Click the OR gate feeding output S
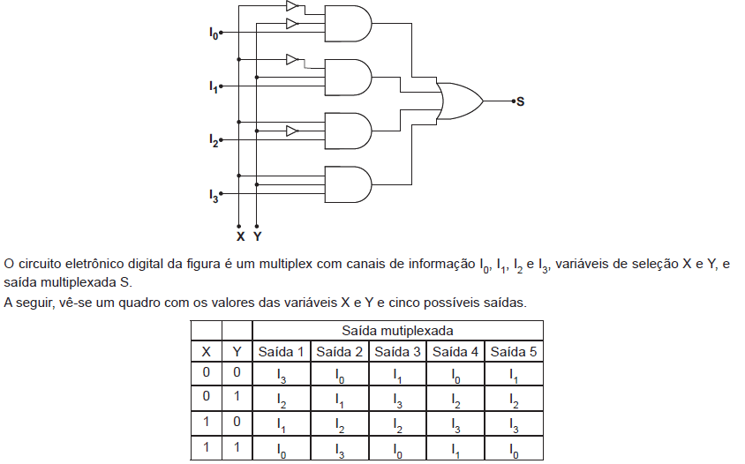[x=460, y=101]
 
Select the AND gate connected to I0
[x=348, y=24]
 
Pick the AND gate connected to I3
[x=348, y=184]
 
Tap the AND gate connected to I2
[x=348, y=131]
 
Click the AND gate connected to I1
[x=348, y=78]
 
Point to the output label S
[x=520, y=101]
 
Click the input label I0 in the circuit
[x=214, y=34]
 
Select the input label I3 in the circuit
[x=214, y=195]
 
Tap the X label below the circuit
[x=240, y=236]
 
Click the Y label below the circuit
[x=257, y=236]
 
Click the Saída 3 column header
[x=397, y=352]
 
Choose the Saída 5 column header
[x=514, y=352]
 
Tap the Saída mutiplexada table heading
[x=397, y=331]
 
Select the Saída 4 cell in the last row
[x=455, y=449]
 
